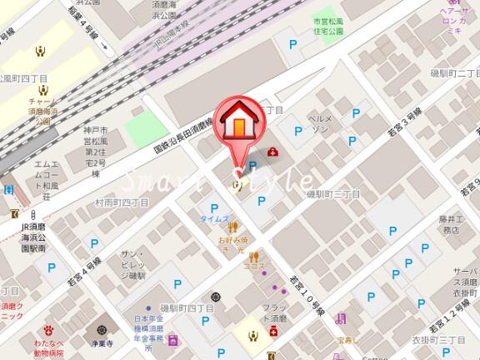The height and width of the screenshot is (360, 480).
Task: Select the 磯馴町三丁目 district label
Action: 332,193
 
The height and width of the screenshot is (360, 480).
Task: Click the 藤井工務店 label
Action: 452,222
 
